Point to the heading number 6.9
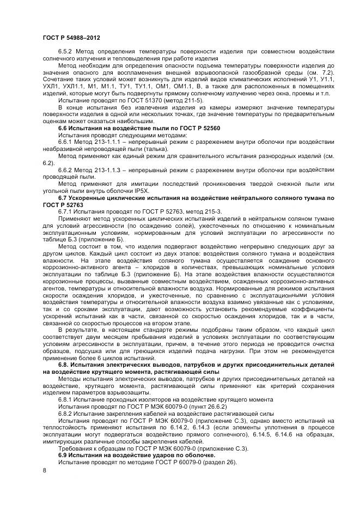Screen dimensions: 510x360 click(x=64, y=454)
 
